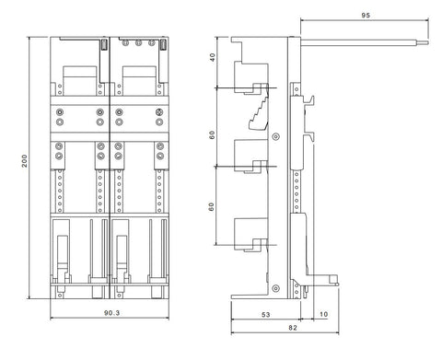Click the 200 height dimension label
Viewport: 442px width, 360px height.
click(x=24, y=161)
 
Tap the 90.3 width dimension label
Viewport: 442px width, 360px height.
click(x=112, y=313)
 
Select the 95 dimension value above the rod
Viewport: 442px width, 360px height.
click(x=366, y=16)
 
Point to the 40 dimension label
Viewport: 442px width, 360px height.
click(x=213, y=57)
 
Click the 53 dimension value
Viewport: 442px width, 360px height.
click(x=266, y=315)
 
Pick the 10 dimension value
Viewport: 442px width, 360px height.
click(x=324, y=314)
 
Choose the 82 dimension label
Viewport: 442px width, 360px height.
click(x=293, y=328)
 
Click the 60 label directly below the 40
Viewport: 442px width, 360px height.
click(x=213, y=135)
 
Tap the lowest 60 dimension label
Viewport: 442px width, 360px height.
click(x=212, y=207)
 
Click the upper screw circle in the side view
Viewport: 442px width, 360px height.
click(x=276, y=136)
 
